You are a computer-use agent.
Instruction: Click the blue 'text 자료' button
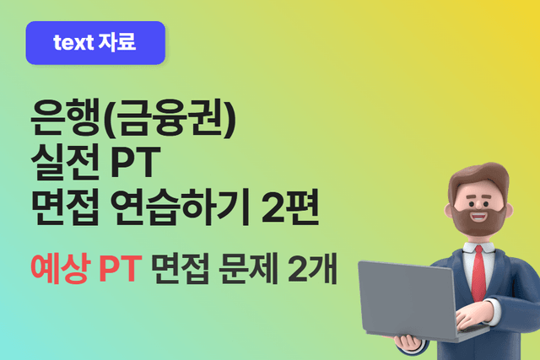(95, 42)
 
